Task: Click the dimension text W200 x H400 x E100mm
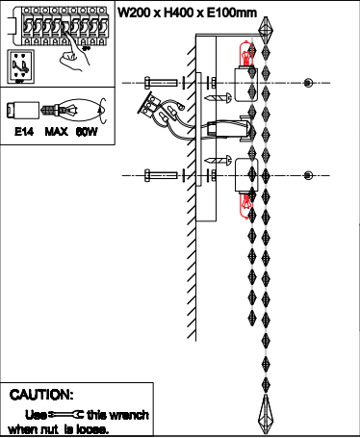[188, 13]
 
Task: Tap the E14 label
[24, 132]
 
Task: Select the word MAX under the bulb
[56, 132]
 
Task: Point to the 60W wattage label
[87, 132]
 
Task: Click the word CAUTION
[41, 395]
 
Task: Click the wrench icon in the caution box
[65, 415]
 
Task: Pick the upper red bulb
[246, 55]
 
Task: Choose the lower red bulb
[245, 205]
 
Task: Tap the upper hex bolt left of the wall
[161, 83]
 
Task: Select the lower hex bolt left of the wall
[161, 175]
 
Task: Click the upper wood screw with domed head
[219, 98]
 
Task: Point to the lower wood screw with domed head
[219, 160]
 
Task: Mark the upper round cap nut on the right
[308, 83]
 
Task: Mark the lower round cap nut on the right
[308, 175]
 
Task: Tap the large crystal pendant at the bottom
[266, 415]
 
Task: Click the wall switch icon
[20, 66]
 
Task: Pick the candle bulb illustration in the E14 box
[73, 110]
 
